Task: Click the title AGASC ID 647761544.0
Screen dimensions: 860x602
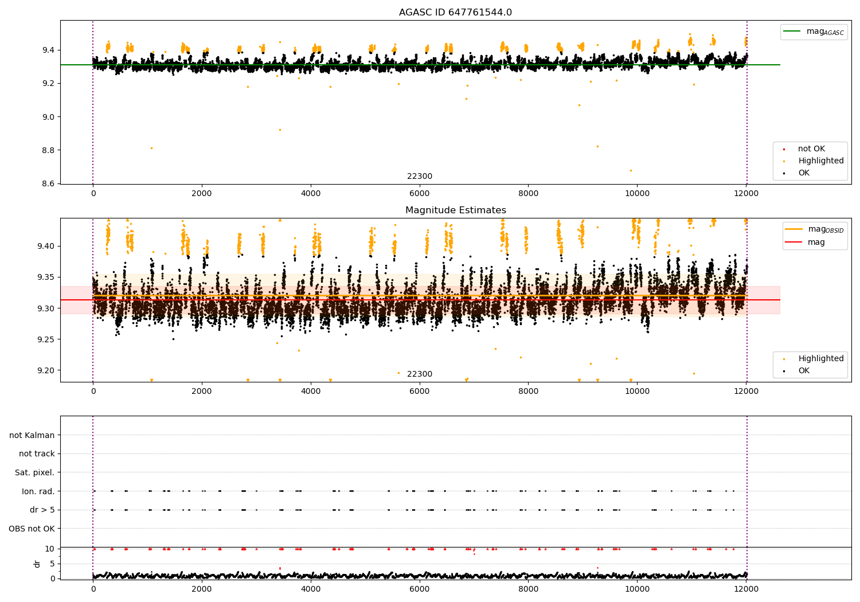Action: coord(455,12)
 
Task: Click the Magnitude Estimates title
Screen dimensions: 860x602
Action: coord(456,210)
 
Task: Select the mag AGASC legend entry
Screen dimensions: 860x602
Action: coord(814,32)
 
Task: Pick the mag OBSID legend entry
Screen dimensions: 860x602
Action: coord(814,229)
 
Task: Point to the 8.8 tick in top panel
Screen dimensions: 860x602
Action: coord(49,150)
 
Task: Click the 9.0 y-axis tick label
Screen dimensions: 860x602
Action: coord(49,117)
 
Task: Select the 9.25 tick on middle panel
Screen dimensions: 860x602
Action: coord(46,339)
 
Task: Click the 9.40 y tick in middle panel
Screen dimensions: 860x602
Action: coord(46,246)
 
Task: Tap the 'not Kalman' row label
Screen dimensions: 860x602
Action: coord(32,435)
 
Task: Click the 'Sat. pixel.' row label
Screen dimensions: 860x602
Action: coord(34,472)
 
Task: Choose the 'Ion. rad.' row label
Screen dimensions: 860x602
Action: coord(38,491)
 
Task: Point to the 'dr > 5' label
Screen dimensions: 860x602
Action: coord(42,510)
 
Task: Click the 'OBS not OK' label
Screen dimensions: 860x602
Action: coord(32,529)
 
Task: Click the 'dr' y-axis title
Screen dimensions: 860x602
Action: coord(37,564)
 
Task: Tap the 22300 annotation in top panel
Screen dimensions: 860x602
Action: coord(420,176)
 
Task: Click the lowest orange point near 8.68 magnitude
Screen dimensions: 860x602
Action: coord(631,170)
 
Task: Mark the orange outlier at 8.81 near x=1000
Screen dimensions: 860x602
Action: coord(152,148)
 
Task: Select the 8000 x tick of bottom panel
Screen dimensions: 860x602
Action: coord(528,589)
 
